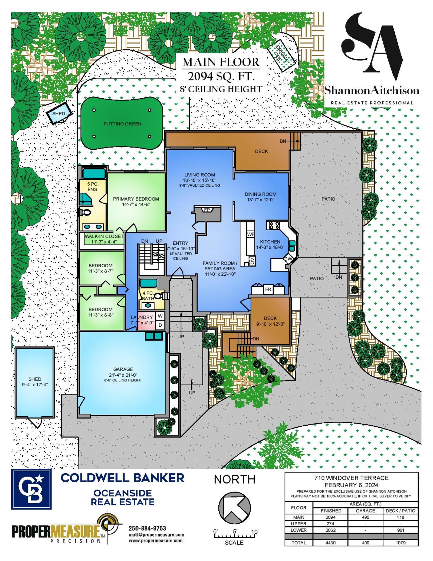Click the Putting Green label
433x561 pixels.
pos(122,124)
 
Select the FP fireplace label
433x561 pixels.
pos(207,210)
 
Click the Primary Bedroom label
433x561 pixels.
pos(136,199)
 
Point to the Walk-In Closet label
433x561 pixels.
pos(104,236)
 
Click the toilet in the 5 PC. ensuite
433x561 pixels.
pos(85,212)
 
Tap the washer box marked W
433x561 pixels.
pos(160,316)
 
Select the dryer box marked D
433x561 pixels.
pos(160,325)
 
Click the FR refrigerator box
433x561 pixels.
pos(268,289)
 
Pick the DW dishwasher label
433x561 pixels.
pos(288,259)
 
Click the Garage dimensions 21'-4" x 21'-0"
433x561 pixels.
pos(123,375)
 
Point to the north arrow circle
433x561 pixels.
pos(234,508)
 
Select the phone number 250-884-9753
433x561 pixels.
pos(147,528)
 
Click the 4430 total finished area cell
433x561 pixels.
pos(330,543)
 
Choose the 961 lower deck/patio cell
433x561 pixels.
pos(401,530)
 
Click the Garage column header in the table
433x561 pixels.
pos(365,511)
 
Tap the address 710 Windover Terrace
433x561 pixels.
pos(351,478)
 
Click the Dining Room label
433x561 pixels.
pos(261,194)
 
